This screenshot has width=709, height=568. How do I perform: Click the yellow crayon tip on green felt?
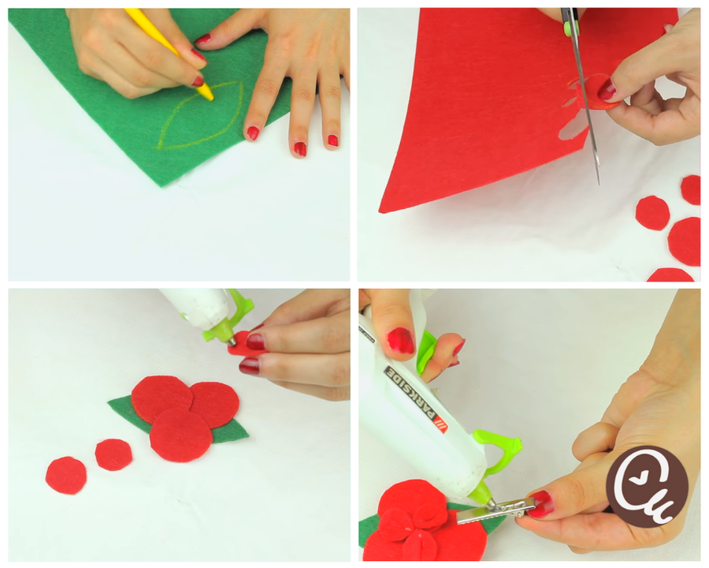pos(210,96)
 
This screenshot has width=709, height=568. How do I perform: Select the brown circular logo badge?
pos(647,487)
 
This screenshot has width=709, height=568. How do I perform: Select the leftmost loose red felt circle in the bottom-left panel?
pos(66,475)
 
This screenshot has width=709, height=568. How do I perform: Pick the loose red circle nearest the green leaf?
pos(114,454)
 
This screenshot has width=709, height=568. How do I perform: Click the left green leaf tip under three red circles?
pos(109,402)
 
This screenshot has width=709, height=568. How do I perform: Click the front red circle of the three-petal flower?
pos(181,435)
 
